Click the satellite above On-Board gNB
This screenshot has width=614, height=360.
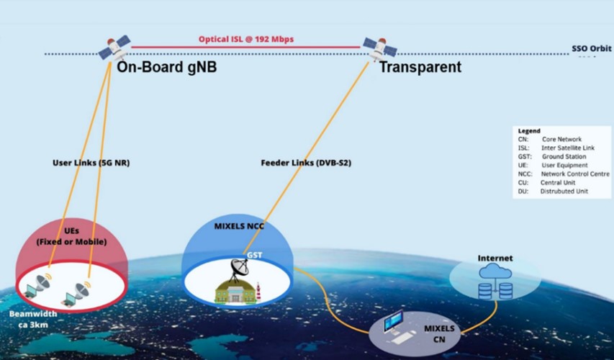(x=115, y=50)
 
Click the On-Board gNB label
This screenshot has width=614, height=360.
(x=167, y=68)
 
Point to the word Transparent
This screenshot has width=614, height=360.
(x=420, y=68)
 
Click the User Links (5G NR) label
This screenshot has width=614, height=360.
(x=91, y=163)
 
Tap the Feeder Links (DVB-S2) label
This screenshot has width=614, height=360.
(x=306, y=163)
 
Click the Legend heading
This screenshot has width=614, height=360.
(x=529, y=131)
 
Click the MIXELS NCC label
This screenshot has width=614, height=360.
(x=239, y=226)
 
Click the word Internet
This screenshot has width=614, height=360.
(x=495, y=258)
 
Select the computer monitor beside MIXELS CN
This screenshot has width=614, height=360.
(x=393, y=321)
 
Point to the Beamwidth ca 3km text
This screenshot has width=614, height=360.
(x=28, y=320)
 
